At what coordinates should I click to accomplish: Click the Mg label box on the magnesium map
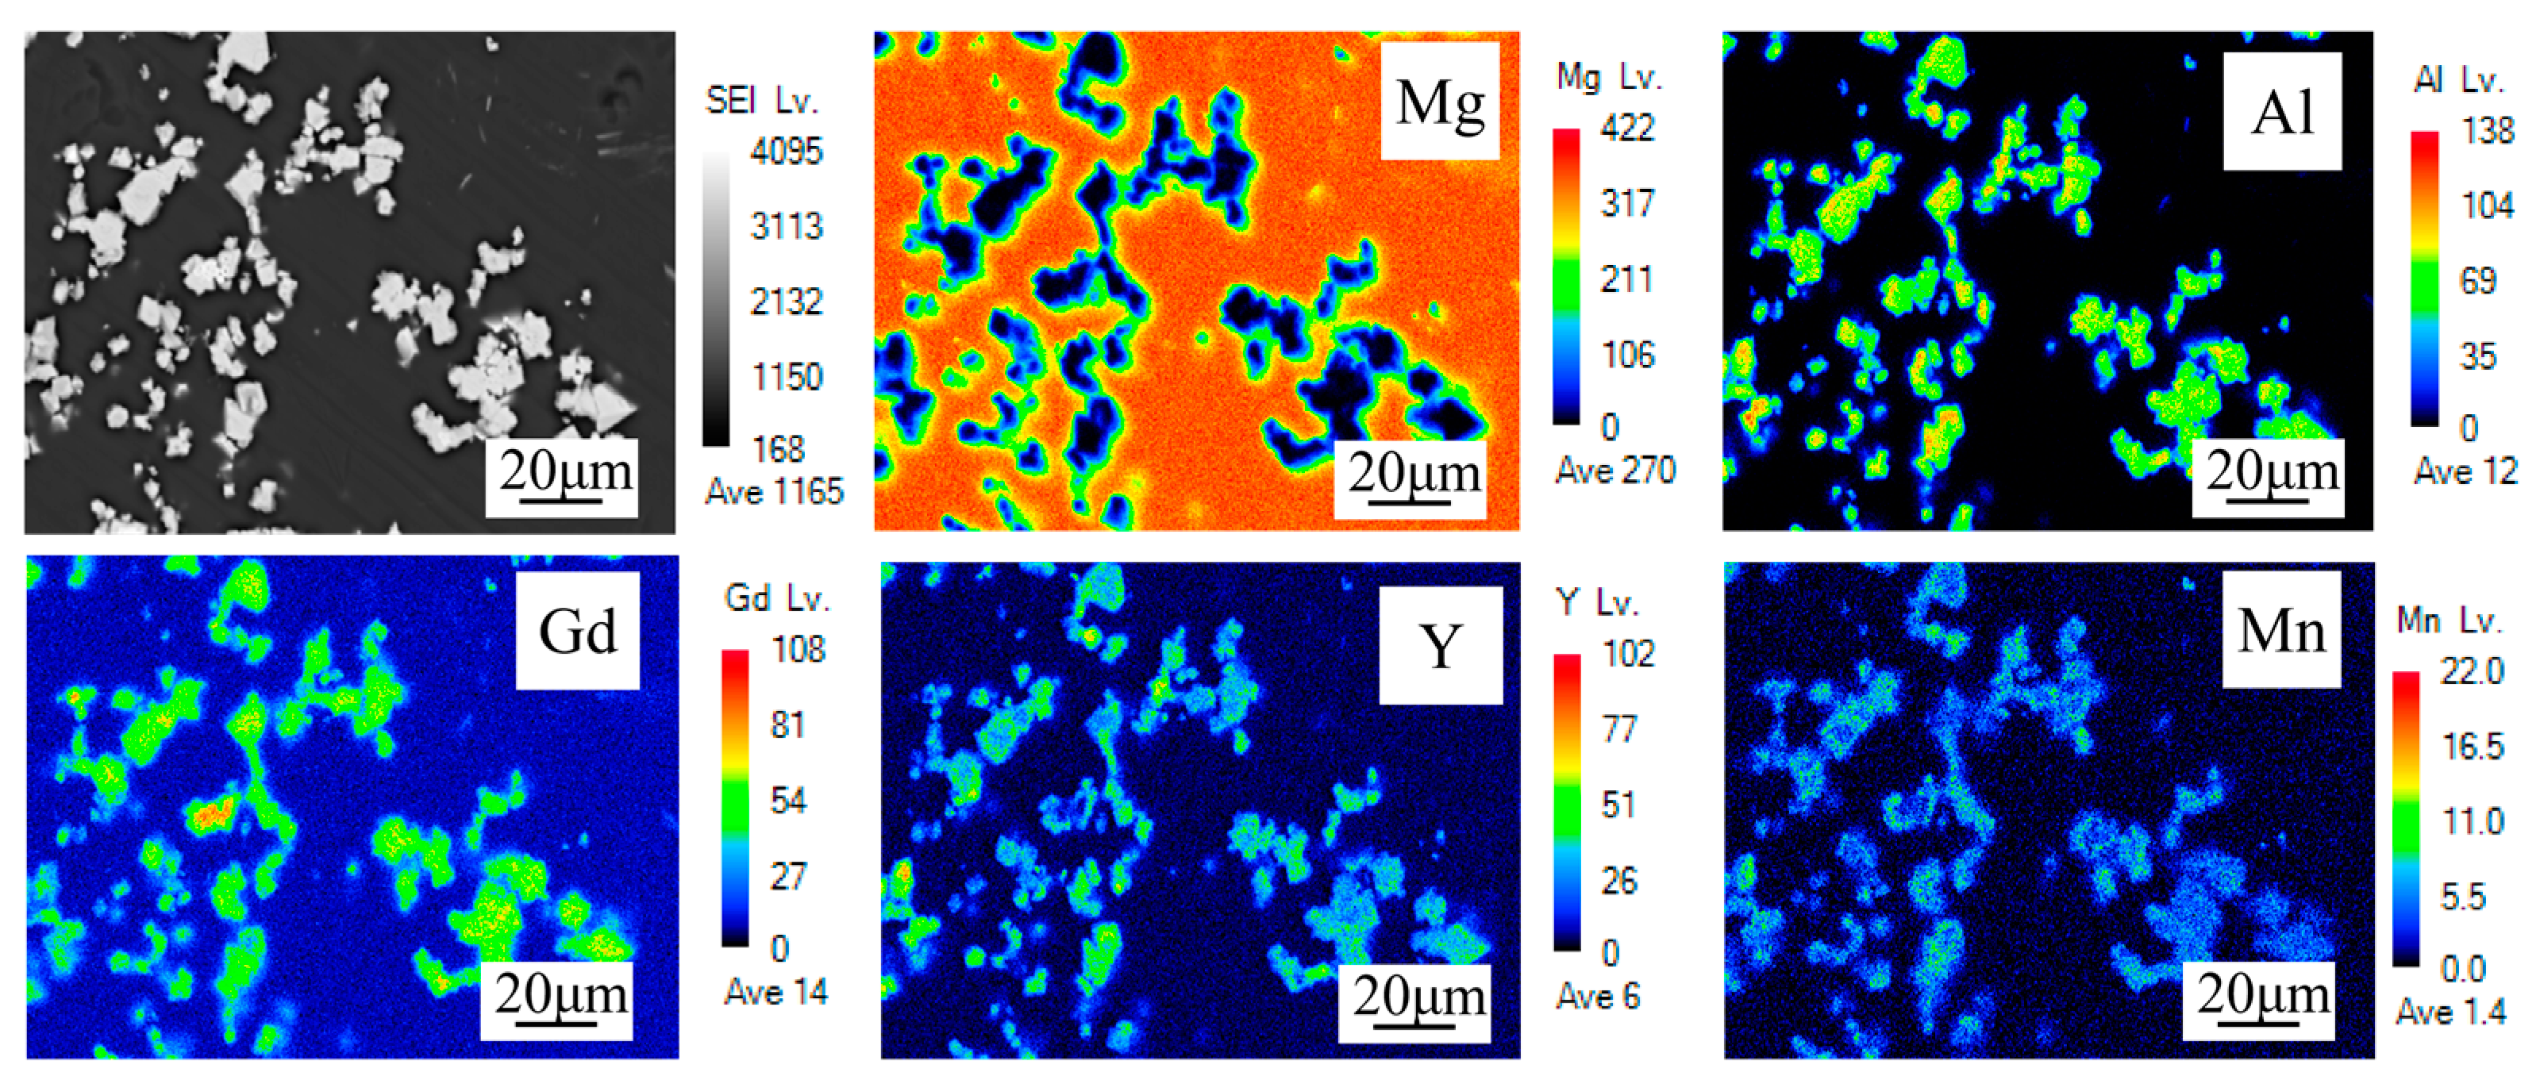[1439, 102]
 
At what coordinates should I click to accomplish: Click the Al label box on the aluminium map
[2281, 112]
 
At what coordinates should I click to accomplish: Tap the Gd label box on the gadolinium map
[577, 631]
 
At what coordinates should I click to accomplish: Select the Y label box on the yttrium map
[1440, 646]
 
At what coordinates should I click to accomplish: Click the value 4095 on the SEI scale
[785, 151]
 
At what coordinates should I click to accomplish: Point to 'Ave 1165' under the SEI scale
[774, 490]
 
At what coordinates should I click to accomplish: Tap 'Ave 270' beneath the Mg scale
[1615, 470]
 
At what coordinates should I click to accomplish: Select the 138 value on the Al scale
[2487, 129]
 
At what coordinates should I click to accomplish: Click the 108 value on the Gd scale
[797, 650]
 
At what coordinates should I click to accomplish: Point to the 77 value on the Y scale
[1618, 729]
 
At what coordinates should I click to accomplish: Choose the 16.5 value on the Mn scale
[2472, 746]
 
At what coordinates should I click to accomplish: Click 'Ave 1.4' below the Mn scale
[2450, 1012]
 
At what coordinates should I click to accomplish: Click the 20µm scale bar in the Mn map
[2262, 999]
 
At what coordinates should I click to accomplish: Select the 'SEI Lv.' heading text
[761, 100]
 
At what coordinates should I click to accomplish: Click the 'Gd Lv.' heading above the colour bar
[777, 598]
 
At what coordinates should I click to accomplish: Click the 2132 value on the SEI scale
[785, 301]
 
